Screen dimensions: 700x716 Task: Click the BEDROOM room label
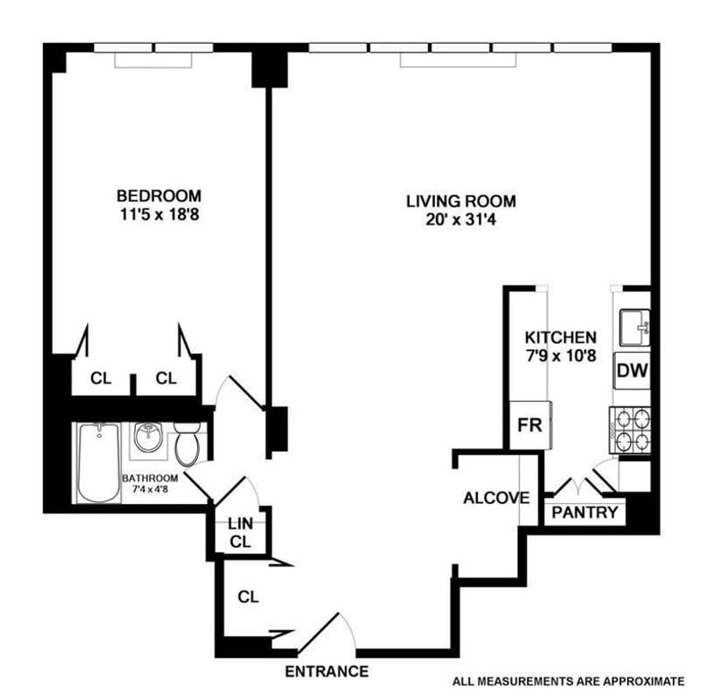click(x=158, y=196)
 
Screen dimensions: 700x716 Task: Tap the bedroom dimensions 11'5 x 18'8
click(x=158, y=215)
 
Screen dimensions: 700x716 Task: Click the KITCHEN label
click(x=560, y=337)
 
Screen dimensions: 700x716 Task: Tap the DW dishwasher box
click(x=633, y=370)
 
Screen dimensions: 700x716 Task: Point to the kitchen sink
click(x=635, y=324)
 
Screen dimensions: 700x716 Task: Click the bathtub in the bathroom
click(x=98, y=464)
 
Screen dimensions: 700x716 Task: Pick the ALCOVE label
click(x=496, y=498)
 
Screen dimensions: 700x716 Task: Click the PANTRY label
click(x=584, y=513)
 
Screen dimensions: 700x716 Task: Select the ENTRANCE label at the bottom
click(x=327, y=671)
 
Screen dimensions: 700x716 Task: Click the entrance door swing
click(x=327, y=631)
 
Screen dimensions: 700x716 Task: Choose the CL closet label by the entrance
click(x=248, y=597)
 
